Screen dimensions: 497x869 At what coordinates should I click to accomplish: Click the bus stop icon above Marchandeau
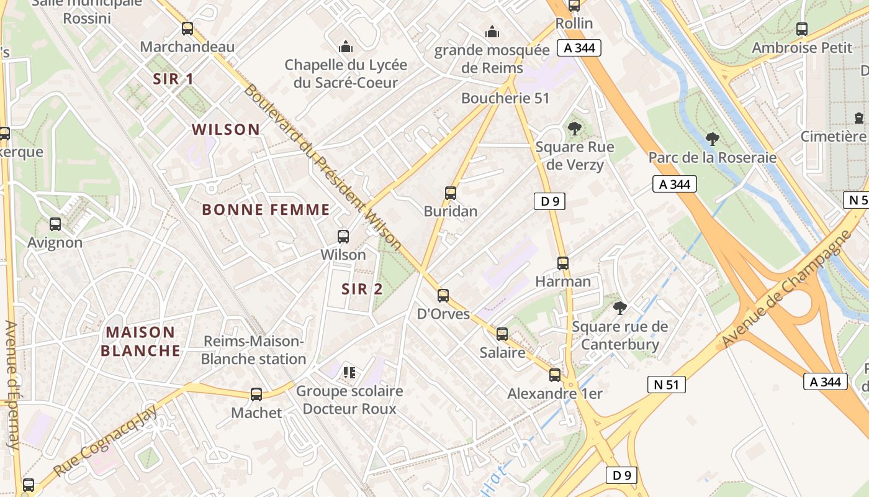pyautogui.click(x=187, y=28)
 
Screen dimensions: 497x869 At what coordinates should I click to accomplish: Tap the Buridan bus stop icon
pyautogui.click(x=451, y=193)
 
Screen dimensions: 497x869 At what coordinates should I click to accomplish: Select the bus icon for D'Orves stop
pyautogui.click(x=443, y=295)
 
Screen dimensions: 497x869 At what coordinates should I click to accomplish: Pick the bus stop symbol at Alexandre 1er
pyautogui.click(x=554, y=375)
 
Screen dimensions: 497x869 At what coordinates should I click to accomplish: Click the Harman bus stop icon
pyautogui.click(x=562, y=263)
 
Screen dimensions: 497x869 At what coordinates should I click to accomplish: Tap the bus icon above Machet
pyautogui.click(x=256, y=394)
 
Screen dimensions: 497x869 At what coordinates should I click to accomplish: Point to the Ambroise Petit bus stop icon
pyautogui.click(x=801, y=29)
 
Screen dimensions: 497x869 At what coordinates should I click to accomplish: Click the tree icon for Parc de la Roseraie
pyautogui.click(x=713, y=139)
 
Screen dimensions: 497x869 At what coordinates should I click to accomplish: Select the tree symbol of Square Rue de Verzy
pyautogui.click(x=574, y=129)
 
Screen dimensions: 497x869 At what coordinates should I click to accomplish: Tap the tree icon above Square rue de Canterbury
pyautogui.click(x=619, y=308)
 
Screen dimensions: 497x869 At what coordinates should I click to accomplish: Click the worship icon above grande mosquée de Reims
pyautogui.click(x=492, y=31)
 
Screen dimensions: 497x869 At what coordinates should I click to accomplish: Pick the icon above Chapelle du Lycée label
pyautogui.click(x=345, y=46)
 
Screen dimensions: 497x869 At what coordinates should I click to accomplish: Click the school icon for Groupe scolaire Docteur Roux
pyautogui.click(x=349, y=373)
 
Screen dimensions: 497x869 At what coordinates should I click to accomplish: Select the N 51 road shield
pyautogui.click(x=667, y=385)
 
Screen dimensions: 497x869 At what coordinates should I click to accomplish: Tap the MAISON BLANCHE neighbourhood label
pyautogui.click(x=140, y=341)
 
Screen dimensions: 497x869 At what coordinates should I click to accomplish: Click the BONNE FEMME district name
pyautogui.click(x=266, y=209)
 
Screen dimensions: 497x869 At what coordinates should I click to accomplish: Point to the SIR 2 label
pyautogui.click(x=362, y=289)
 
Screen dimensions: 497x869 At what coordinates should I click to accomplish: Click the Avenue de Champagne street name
pyautogui.click(x=785, y=289)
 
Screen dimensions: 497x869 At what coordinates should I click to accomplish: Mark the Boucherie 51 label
pyautogui.click(x=505, y=98)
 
